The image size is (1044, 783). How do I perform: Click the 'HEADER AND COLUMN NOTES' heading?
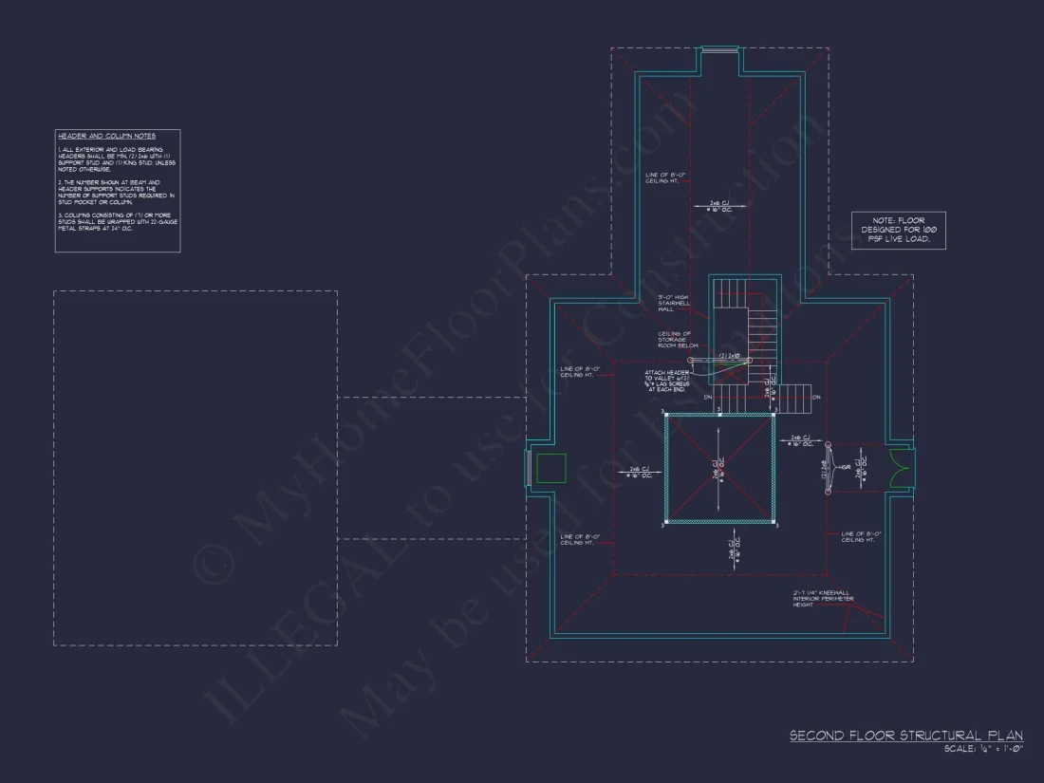(106, 137)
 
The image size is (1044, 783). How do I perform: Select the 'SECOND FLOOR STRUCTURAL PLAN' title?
(906, 736)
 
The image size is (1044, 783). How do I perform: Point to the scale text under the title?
(983, 750)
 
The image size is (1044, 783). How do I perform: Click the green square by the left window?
(551, 468)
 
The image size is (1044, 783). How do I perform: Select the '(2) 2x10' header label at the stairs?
(729, 355)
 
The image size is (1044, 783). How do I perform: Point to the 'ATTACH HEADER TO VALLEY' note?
(675, 382)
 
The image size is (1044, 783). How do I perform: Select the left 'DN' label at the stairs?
(707, 398)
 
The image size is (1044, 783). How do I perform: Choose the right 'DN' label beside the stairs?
(815, 398)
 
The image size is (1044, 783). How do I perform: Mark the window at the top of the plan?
(719, 50)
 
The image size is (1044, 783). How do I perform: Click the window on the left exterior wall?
(528, 468)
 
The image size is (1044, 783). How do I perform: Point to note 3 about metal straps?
(116, 223)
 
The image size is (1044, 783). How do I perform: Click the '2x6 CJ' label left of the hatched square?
(639, 472)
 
